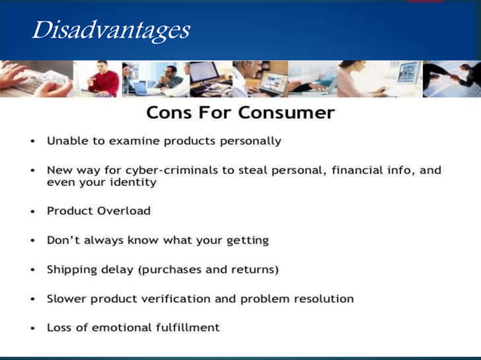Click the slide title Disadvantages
click(110, 31)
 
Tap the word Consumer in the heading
click(286, 113)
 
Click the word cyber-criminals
click(160, 170)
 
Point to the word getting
click(244, 240)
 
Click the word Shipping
click(71, 269)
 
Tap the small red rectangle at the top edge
click(425, 2)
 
